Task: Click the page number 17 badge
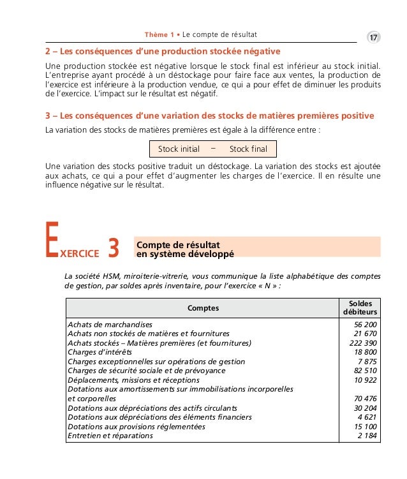pyautogui.click(x=373, y=38)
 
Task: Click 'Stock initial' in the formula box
pyautogui.click(x=179, y=149)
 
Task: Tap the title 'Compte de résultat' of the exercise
pyautogui.click(x=178, y=244)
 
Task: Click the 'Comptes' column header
pyautogui.click(x=203, y=308)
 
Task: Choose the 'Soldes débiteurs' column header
pyautogui.click(x=360, y=307)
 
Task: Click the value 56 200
pyautogui.click(x=366, y=325)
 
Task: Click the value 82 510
pyautogui.click(x=366, y=371)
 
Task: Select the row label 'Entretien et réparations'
pyautogui.click(x=110, y=436)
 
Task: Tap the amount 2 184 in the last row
pyautogui.click(x=368, y=436)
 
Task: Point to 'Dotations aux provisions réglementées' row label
pyautogui.click(x=137, y=427)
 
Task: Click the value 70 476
pyautogui.click(x=366, y=399)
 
